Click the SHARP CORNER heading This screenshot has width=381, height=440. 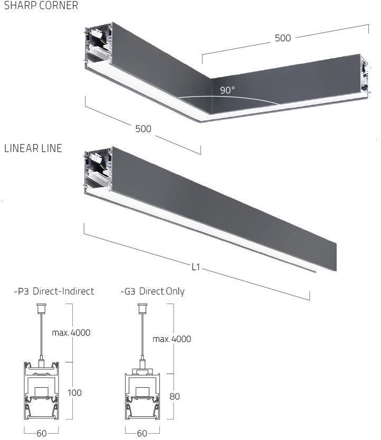41,6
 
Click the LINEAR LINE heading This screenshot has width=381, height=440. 33,148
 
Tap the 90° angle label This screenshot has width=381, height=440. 227,90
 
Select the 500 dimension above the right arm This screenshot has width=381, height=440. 283,38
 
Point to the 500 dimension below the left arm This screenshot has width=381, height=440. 143,129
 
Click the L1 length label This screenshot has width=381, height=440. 196,267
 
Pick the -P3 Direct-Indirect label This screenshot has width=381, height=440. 54,291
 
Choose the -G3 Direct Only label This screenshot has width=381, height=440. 153,291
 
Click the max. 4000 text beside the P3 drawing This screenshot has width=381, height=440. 71,332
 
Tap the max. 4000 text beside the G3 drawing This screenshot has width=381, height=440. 172,339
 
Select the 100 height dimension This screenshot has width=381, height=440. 75,393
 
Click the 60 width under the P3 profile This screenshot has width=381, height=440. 42,433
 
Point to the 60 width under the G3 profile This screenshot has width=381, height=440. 142,433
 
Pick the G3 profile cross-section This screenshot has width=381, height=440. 141,397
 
